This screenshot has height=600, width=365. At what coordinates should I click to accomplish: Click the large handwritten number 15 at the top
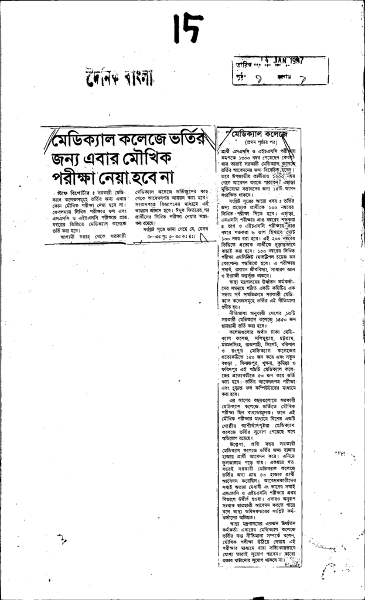click(x=189, y=29)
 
